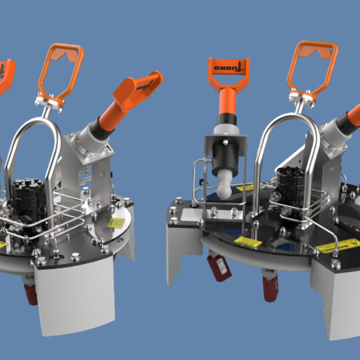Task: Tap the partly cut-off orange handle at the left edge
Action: tap(5, 73)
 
